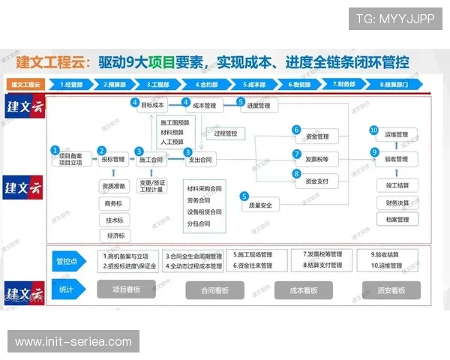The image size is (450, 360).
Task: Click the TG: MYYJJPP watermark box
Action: [x=396, y=18]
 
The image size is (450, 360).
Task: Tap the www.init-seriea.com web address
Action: [x=73, y=342]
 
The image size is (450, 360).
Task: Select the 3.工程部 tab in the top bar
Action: [x=158, y=85]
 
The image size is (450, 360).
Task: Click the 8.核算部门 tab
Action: [x=394, y=85]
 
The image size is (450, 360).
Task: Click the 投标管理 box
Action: [x=113, y=159]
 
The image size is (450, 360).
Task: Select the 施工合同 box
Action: [x=151, y=160]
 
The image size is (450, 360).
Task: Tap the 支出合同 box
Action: [x=201, y=160]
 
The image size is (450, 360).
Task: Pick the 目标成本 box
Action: [x=153, y=106]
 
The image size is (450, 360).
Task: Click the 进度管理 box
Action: [x=258, y=106]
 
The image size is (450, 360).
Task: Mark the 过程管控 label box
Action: [x=225, y=133]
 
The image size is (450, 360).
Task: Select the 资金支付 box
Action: [x=316, y=181]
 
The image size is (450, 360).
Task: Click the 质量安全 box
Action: [x=264, y=204]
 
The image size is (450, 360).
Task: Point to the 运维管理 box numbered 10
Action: [x=397, y=135]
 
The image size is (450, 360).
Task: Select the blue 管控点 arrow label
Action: [x=67, y=261]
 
